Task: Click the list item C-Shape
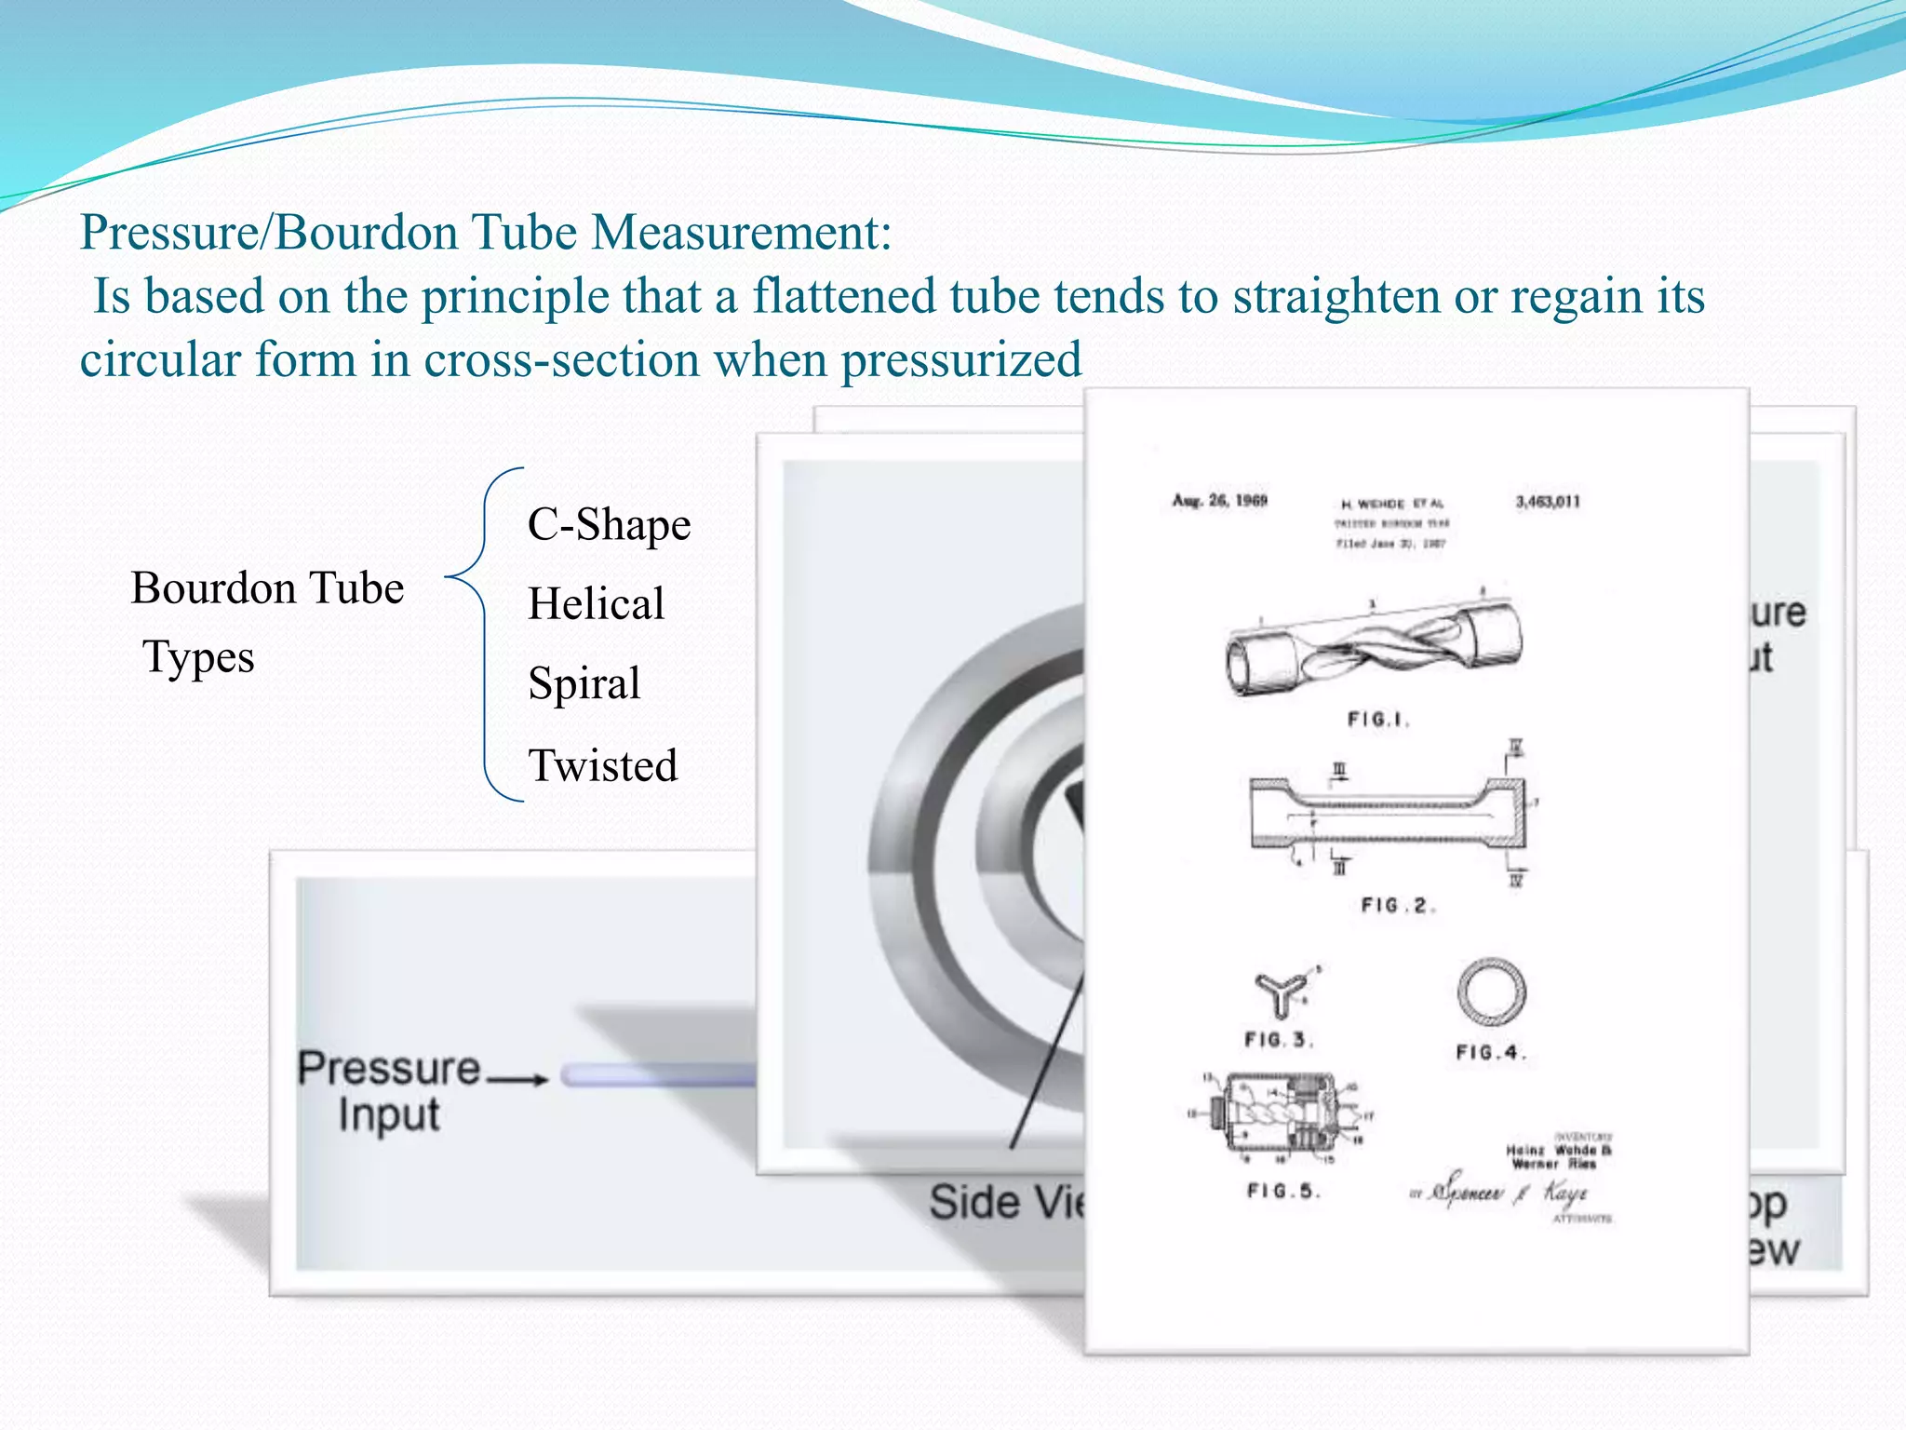click(609, 525)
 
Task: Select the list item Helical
click(596, 604)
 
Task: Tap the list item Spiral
click(584, 683)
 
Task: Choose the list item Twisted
click(603, 766)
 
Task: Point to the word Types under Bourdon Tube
click(198, 657)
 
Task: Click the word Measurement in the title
click(741, 232)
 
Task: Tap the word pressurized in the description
click(961, 360)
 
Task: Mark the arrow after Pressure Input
click(518, 1080)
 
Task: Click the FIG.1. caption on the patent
click(1378, 720)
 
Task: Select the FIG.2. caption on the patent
click(1396, 906)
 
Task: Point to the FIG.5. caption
click(1283, 1191)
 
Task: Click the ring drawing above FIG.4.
click(1491, 992)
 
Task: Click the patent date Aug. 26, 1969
click(1219, 501)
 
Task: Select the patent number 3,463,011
click(1547, 502)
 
